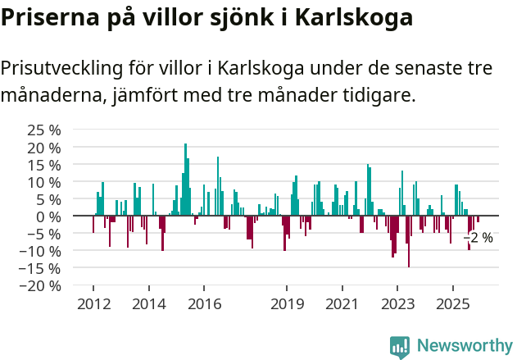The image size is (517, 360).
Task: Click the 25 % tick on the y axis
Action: point(43,130)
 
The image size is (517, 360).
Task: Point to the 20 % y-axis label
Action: point(43,148)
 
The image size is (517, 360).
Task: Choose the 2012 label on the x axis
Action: point(93,304)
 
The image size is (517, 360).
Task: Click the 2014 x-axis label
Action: point(148,304)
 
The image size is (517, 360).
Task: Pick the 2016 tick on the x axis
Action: point(204,304)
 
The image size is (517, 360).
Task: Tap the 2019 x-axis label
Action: point(287,304)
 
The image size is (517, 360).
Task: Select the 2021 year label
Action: point(342,304)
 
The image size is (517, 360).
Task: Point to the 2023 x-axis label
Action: point(397,304)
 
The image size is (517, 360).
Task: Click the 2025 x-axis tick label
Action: point(452,304)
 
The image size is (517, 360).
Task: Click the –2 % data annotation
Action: point(478,238)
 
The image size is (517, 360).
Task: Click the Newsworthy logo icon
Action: point(400,347)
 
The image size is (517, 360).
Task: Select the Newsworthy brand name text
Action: point(464,346)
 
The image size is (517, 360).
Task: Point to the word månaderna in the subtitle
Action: point(51,95)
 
